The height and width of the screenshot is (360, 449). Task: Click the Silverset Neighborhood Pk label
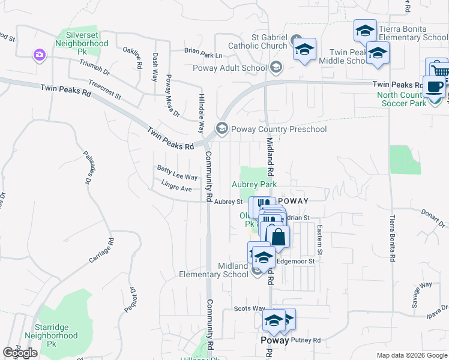coord(82,40)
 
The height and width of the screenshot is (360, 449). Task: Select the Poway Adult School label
coord(230,68)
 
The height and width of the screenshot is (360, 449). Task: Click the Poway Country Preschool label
coord(279,129)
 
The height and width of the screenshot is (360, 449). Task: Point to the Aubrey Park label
coord(255,184)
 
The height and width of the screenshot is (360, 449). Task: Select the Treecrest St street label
coord(104,91)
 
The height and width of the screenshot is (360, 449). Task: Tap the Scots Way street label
coord(249,308)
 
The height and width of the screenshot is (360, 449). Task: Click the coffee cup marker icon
coord(434,86)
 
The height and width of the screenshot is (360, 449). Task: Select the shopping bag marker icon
coord(278,236)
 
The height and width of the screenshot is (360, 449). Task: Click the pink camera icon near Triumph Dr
coord(40,55)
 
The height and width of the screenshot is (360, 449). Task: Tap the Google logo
coord(20,353)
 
